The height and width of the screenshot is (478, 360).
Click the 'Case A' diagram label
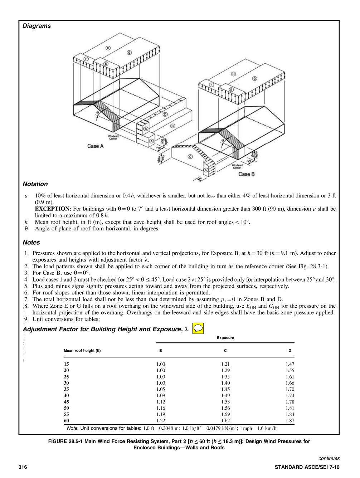point(95,146)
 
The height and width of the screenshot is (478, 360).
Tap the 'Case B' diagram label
point(246,174)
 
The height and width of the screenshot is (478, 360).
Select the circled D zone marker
point(165,114)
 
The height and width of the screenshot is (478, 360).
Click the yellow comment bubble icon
point(198,328)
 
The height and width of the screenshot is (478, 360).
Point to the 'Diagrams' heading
point(37,26)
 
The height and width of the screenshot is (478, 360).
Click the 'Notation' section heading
point(35,184)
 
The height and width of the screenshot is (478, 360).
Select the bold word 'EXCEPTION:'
point(53,209)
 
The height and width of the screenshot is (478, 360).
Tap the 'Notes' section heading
point(31,242)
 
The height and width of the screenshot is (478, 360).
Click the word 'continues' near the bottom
point(329,458)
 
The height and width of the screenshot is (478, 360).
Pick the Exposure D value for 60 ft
point(290,421)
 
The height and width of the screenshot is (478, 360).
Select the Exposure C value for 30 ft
point(225,383)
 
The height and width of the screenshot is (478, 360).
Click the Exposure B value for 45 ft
point(160,402)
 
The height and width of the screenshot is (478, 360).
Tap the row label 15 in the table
point(66,364)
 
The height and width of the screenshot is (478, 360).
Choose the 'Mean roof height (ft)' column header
point(82,351)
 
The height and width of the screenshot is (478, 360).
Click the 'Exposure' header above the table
point(225,338)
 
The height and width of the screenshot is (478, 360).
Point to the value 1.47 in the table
point(290,364)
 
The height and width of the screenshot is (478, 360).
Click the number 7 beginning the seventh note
point(26,299)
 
